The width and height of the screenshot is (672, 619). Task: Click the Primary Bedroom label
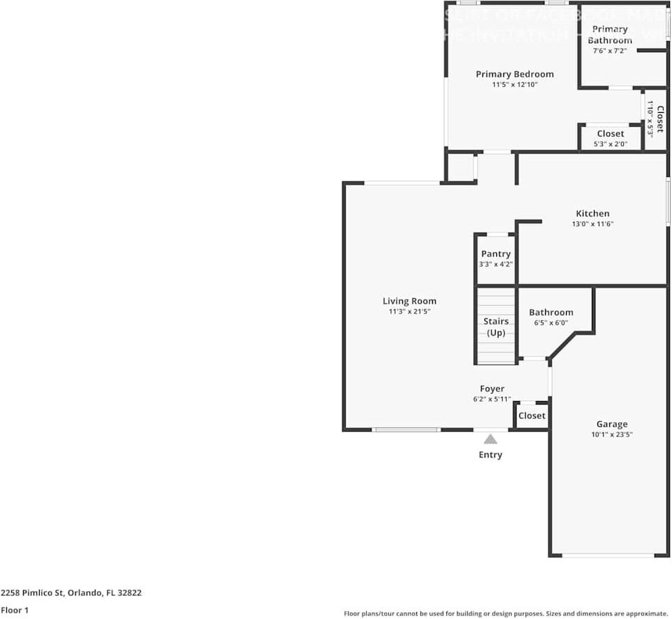(x=514, y=75)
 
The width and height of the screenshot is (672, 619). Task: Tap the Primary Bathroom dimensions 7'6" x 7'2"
(x=609, y=51)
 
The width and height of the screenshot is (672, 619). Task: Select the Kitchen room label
(x=592, y=214)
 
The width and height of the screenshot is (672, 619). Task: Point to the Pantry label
(x=496, y=254)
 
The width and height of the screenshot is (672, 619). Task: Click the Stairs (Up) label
(x=496, y=327)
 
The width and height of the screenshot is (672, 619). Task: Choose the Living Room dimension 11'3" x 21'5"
(x=409, y=312)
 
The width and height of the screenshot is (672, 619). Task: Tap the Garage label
(x=611, y=424)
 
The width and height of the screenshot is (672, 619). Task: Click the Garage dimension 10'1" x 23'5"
(x=611, y=434)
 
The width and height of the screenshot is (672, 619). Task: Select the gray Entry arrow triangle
(x=490, y=439)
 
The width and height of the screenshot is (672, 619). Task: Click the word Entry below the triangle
(x=490, y=455)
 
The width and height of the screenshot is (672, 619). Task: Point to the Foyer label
(x=491, y=389)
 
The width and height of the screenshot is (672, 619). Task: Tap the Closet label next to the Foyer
(x=531, y=416)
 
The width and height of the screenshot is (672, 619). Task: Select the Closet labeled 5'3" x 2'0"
(x=610, y=138)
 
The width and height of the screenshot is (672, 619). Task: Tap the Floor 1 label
(x=15, y=610)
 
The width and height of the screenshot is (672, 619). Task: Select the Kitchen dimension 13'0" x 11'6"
(x=592, y=224)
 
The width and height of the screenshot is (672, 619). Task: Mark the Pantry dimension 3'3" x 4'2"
(x=496, y=265)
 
